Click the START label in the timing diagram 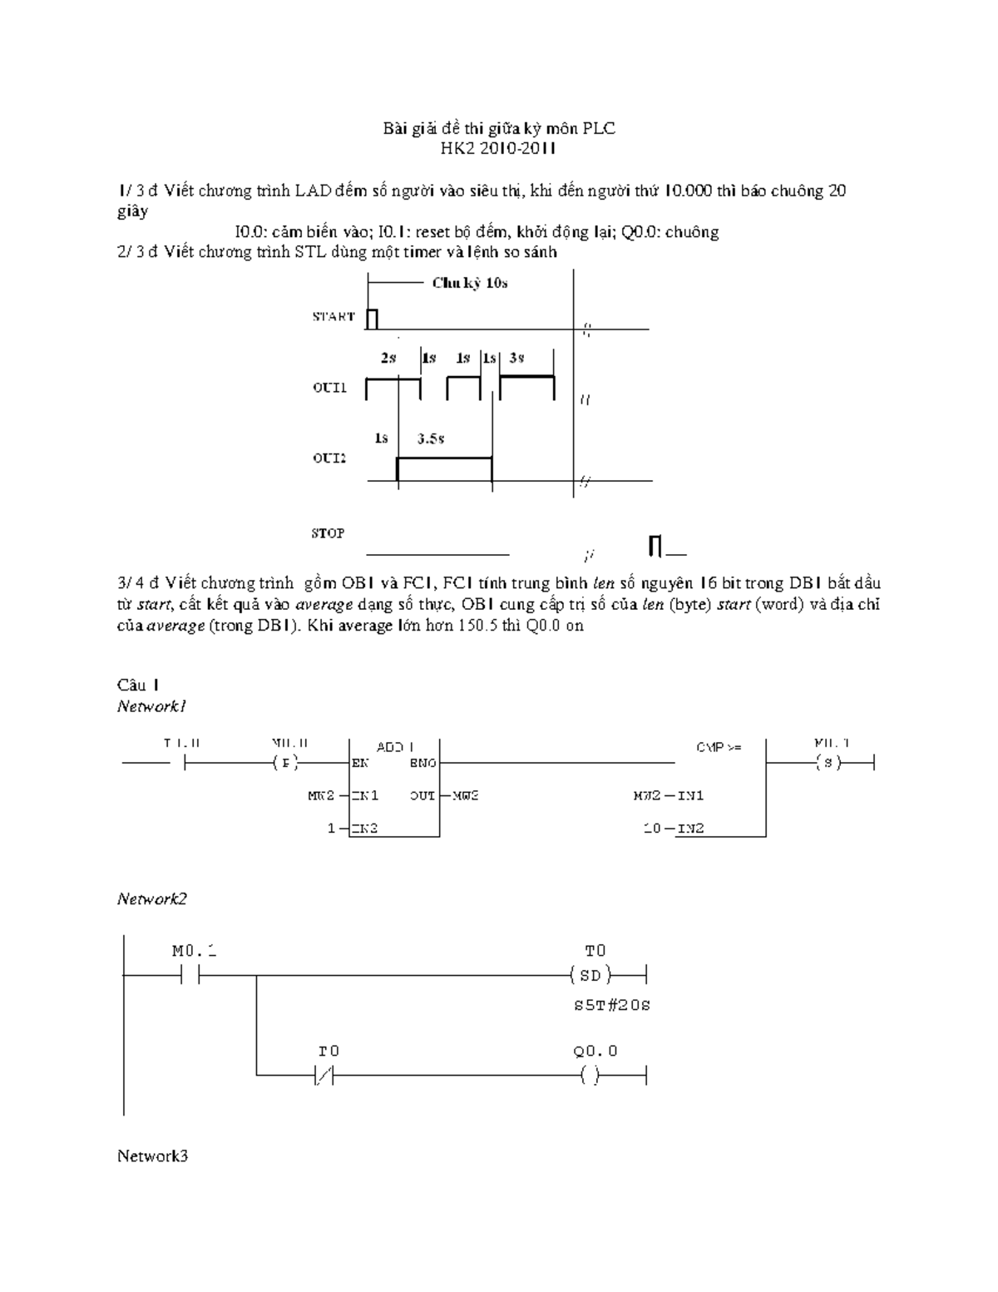click(x=333, y=316)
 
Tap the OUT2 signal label click(x=329, y=458)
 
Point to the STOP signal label click(x=328, y=533)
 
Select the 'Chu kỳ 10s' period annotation click(x=469, y=283)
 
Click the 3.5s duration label click(x=430, y=438)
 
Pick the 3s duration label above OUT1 click(x=516, y=358)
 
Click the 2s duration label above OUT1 click(x=388, y=358)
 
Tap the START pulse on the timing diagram click(x=372, y=319)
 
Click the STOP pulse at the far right click(x=655, y=546)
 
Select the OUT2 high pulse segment click(x=444, y=458)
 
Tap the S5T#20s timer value click(x=611, y=1005)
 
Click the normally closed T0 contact click(x=324, y=1077)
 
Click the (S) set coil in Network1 click(x=828, y=762)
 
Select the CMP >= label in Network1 click(x=719, y=747)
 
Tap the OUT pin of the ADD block click(x=422, y=795)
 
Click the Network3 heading click(x=152, y=1156)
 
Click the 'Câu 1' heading click(x=138, y=685)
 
